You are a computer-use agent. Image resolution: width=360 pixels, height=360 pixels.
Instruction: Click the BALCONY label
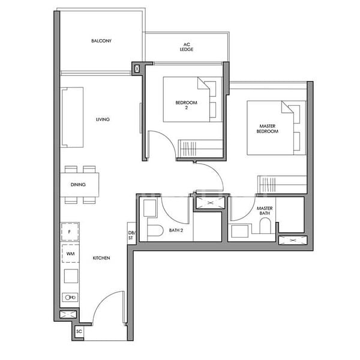pyautogui.click(x=101, y=41)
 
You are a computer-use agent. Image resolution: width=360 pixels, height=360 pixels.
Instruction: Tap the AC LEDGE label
pyautogui.click(x=187, y=47)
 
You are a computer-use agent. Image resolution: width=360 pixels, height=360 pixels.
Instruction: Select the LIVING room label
pyautogui.click(x=103, y=119)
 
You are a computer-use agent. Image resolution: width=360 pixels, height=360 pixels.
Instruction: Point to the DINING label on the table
pyautogui.click(x=78, y=185)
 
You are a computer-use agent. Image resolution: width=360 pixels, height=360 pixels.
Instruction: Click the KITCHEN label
pyautogui.click(x=101, y=258)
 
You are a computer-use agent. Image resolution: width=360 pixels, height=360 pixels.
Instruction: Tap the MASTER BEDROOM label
pyautogui.click(x=267, y=128)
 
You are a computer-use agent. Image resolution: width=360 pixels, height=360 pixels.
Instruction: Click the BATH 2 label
pyautogui.click(x=176, y=230)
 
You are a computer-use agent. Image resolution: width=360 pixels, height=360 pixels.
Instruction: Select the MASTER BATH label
pyautogui.click(x=265, y=211)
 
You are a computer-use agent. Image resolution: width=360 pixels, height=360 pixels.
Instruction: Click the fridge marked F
pyautogui.click(x=70, y=231)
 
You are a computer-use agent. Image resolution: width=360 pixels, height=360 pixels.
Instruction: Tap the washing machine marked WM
pyautogui.click(x=70, y=254)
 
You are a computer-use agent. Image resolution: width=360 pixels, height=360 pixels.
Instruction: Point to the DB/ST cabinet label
pyautogui.click(x=131, y=235)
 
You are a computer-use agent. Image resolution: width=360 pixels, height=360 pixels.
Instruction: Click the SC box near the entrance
pyautogui.click(x=79, y=332)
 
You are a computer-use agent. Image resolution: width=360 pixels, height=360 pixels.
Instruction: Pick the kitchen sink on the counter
pyautogui.click(x=70, y=297)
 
